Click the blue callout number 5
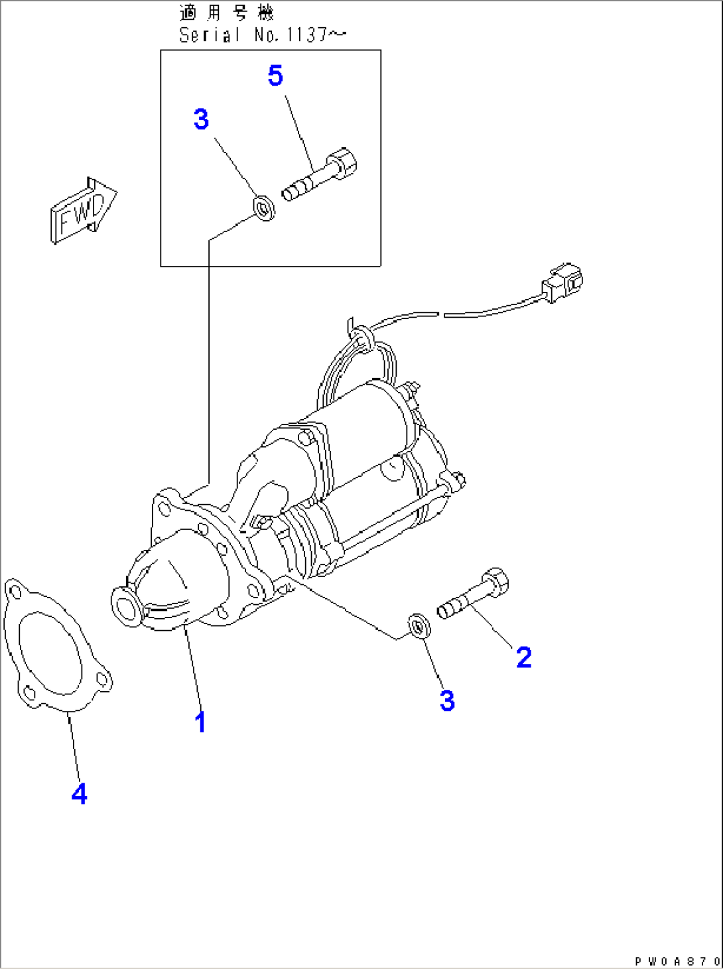click(275, 76)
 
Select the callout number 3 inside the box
click(201, 119)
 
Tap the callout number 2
click(523, 657)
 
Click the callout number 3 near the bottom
click(447, 700)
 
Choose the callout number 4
click(79, 793)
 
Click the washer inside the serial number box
click(265, 208)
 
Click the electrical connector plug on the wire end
click(562, 283)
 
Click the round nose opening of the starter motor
click(125, 606)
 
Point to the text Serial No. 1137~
click(262, 35)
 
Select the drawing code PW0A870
click(677, 961)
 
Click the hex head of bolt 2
click(495, 582)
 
